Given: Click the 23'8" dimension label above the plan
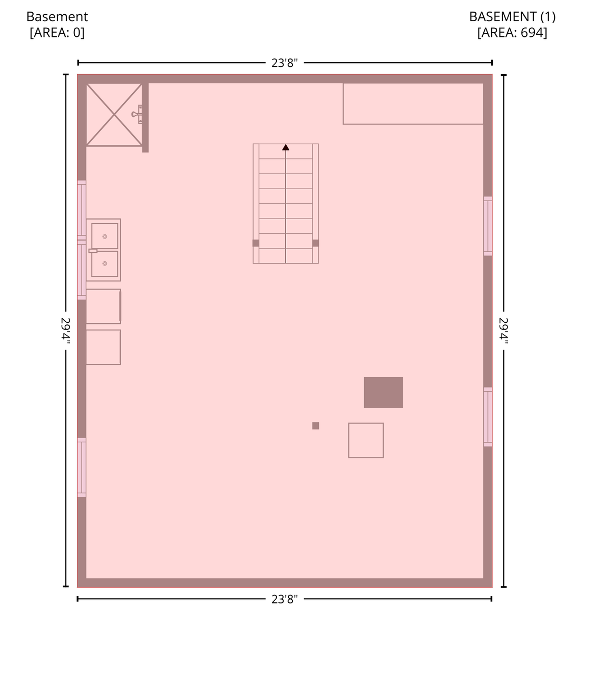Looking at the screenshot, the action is click(285, 63).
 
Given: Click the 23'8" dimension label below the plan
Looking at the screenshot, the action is click(285, 599).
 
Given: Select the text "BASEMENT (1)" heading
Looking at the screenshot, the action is click(512, 17).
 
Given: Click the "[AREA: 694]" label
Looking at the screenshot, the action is click(512, 33).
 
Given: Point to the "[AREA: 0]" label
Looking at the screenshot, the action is click(57, 33).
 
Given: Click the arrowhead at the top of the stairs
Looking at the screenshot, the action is click(286, 147).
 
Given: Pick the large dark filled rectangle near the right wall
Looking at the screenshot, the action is click(383, 393).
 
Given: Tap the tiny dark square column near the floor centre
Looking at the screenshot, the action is click(316, 426).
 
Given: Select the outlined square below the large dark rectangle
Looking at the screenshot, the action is click(366, 440).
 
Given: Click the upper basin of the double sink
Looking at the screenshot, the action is click(104, 236).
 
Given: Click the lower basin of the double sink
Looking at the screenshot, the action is click(104, 264).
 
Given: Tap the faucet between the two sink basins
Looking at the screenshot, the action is click(93, 251).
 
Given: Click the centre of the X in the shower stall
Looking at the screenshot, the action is click(114, 114).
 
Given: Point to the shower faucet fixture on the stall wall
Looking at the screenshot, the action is click(137, 114).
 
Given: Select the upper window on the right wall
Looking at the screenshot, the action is click(488, 226).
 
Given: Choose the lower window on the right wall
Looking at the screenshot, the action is click(488, 417).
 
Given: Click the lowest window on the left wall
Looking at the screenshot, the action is click(82, 468).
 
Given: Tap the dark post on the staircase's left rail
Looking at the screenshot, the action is click(256, 243).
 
